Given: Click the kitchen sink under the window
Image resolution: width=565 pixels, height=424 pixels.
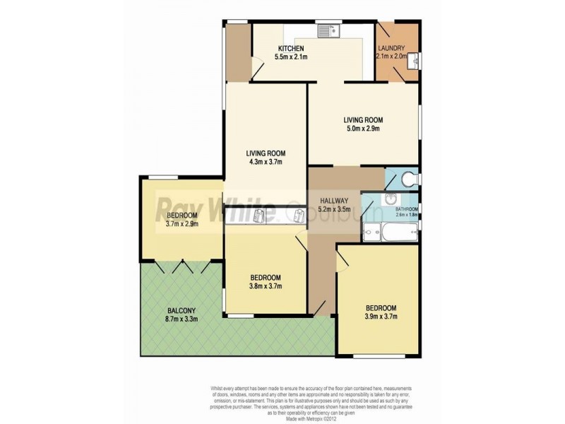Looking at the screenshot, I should tap(328, 31).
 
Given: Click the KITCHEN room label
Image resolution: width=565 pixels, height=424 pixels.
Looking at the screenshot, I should tap(290, 49).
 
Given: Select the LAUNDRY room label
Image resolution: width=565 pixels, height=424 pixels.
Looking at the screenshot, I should tap(391, 48).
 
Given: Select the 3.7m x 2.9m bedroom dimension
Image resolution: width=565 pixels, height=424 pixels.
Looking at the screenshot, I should tap(182, 224).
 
